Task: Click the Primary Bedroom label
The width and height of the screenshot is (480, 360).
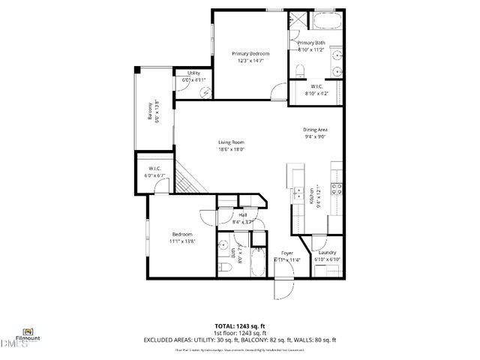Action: (x=250, y=54)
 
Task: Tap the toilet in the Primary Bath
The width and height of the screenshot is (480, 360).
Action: (x=300, y=70)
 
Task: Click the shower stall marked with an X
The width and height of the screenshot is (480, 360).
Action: (x=298, y=20)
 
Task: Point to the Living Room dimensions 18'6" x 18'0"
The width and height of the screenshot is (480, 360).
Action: (x=232, y=149)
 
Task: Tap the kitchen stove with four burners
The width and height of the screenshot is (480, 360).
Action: (x=337, y=188)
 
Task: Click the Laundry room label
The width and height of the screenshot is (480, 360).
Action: (x=326, y=253)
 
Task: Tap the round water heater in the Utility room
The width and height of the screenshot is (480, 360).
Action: (x=206, y=88)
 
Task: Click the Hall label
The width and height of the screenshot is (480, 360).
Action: (x=243, y=215)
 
